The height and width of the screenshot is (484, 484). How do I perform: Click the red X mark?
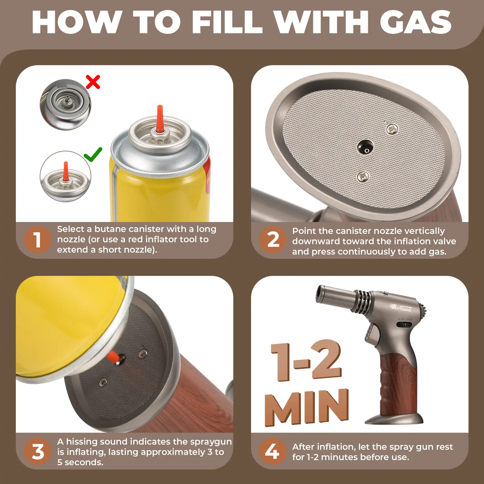tap(93, 82)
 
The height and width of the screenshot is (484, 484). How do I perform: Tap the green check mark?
tap(93, 155)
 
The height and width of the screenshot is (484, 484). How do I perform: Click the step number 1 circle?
tap(37, 240)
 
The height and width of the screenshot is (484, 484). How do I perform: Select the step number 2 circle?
tap(273, 240)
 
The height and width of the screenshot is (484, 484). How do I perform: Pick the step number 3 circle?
tap(37, 451)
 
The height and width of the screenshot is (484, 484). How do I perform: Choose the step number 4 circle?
tap(273, 451)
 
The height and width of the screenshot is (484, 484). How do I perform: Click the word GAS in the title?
tap(416, 22)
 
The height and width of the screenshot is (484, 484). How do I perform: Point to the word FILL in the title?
tap(227, 22)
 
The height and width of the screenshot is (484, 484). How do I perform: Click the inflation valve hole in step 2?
tap(365, 147)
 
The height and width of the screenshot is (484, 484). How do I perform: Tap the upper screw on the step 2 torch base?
tap(392, 129)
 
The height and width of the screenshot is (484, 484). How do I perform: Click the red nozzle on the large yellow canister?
tap(159, 119)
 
